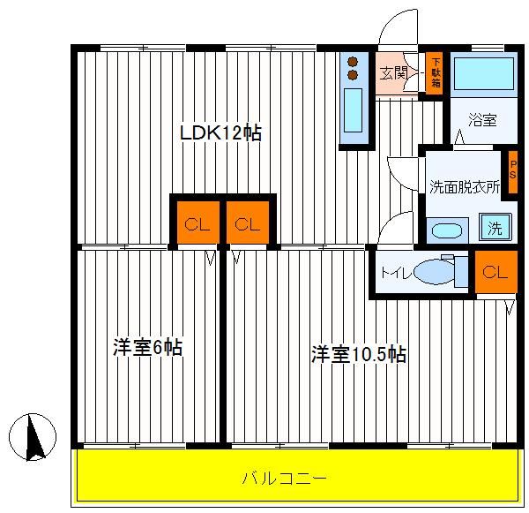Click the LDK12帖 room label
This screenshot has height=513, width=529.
tap(220, 132)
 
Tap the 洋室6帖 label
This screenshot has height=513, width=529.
tap(147, 347)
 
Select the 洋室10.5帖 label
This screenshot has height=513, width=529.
tap(359, 354)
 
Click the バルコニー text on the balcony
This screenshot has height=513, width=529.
tap(285, 479)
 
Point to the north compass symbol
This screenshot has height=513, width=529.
tap(33, 437)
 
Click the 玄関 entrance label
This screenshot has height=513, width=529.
tap(394, 73)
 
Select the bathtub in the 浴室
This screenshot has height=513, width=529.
tap(484, 73)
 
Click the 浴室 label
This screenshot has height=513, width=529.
tap(482, 120)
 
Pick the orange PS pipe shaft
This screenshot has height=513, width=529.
tap(513, 172)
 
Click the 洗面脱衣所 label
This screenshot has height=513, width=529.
tap(465, 187)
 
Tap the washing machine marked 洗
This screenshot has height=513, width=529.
tap(495, 228)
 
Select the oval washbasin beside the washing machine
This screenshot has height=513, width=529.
tap(447, 231)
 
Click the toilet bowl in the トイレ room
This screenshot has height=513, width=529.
tap(435, 271)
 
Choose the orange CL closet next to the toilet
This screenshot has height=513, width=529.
tap(495, 271)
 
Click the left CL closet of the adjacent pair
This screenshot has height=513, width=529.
tap(198, 223)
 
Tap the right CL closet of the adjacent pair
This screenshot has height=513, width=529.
tap(248, 223)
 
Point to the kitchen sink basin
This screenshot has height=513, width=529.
tap(353, 110)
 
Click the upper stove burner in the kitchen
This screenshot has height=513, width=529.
tap(353, 62)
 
